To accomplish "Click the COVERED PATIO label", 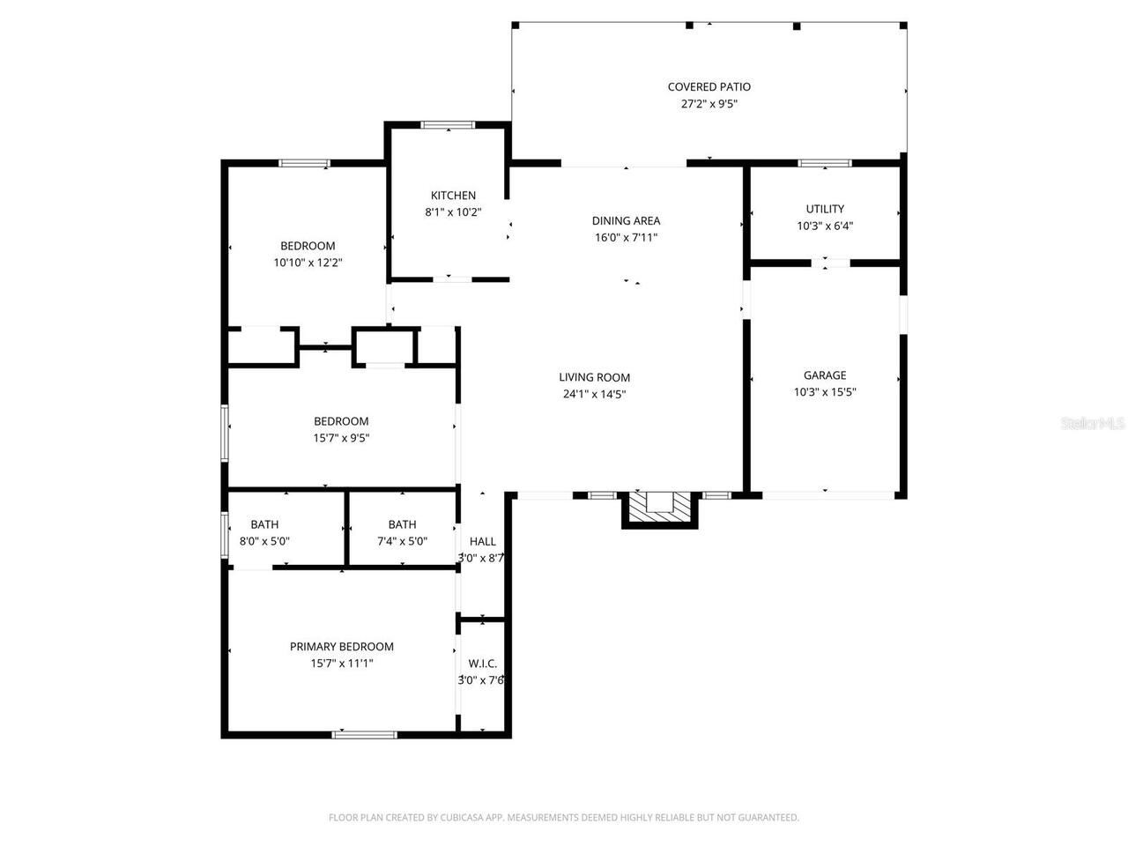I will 709,86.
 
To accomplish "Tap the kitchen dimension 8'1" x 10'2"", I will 453,212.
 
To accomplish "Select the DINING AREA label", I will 626,220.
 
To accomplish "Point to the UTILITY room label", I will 825,209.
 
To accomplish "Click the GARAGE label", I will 825,375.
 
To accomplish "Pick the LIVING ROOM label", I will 594,377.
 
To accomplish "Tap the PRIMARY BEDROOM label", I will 342,646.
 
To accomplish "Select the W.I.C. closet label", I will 482,663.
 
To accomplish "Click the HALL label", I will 482,541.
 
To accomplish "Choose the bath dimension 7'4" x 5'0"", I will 402,541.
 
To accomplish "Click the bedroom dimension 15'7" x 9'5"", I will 341,438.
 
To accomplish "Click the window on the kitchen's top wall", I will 448,125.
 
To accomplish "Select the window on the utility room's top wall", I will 825,163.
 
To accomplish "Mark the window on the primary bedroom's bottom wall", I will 364,733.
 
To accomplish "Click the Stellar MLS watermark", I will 1093,424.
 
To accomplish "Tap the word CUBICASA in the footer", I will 464,818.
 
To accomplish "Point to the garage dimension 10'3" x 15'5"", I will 825,392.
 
